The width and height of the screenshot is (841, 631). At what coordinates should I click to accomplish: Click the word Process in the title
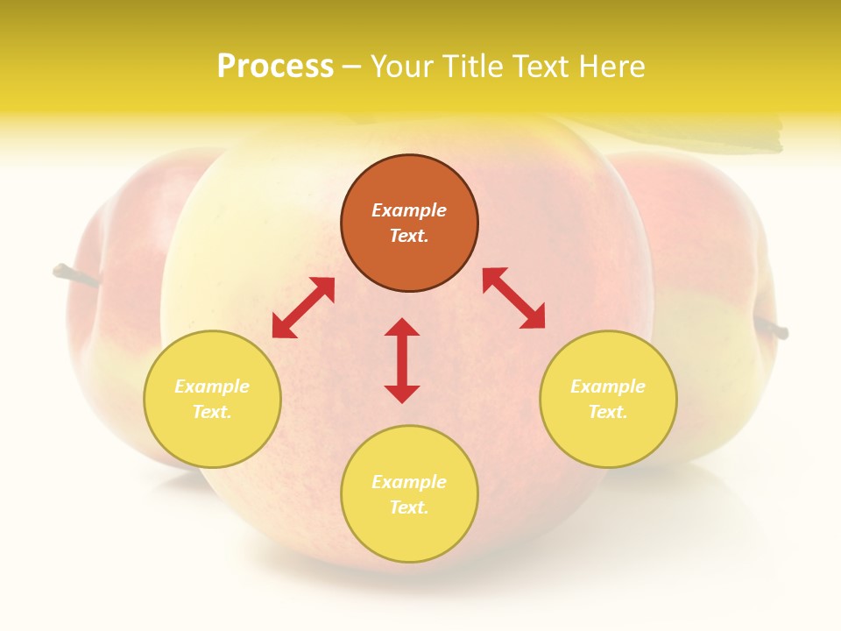[x=275, y=67]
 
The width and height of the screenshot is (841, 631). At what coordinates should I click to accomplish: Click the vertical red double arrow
[x=402, y=360]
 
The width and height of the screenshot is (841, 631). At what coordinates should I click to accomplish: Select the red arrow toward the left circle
[x=303, y=308]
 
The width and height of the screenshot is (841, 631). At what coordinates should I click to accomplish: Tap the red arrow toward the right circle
[x=514, y=298]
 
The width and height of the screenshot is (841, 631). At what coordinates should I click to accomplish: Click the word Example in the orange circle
[x=409, y=210]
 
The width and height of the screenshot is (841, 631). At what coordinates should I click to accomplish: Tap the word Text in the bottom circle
[x=407, y=507]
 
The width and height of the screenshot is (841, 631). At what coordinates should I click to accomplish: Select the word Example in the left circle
[x=212, y=386]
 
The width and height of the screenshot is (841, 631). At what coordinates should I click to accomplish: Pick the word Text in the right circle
[x=606, y=412]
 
